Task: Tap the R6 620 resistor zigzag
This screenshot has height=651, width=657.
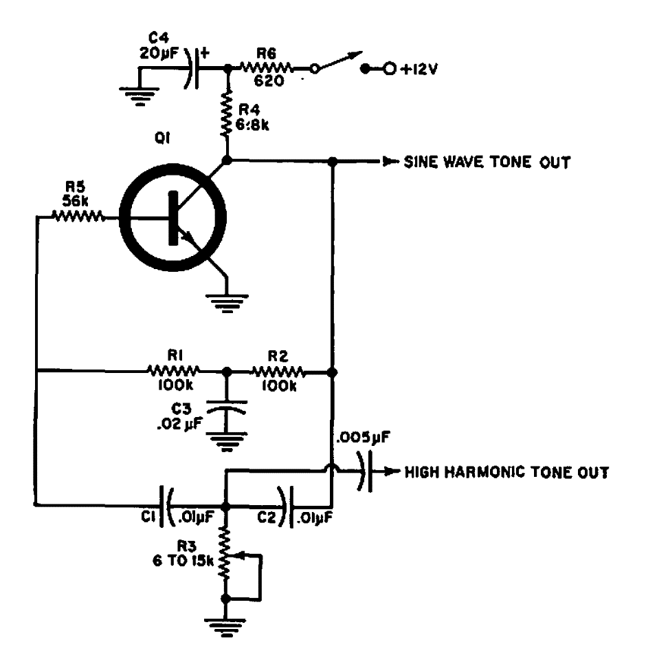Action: point(267,69)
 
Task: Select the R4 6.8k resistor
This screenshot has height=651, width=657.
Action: point(227,116)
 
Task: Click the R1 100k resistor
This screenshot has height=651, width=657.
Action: point(174,372)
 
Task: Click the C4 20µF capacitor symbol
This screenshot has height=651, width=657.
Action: point(192,69)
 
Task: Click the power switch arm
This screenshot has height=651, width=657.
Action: point(337,61)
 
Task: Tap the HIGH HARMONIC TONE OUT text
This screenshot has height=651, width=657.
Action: point(506,472)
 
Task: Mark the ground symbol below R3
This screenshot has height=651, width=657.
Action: point(227,623)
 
